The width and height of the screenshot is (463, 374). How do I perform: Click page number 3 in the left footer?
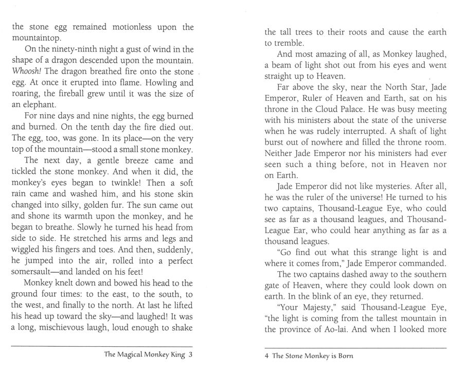191,354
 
